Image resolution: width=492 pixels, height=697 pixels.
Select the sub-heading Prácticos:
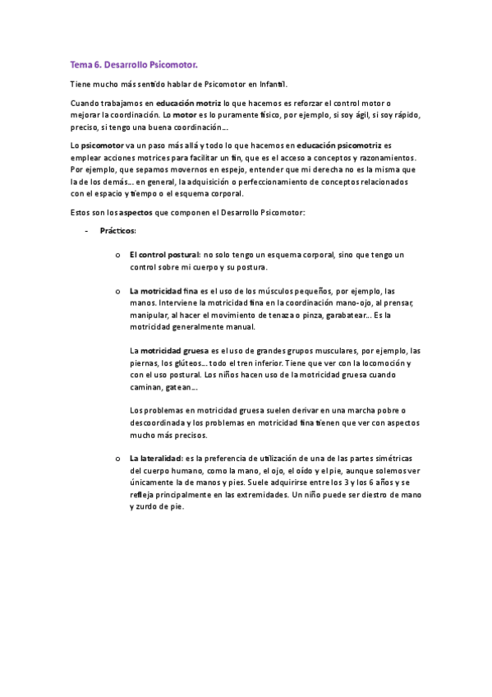click(118, 232)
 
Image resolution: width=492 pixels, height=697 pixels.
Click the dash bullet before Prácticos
click(88, 232)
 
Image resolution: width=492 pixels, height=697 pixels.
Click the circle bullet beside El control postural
click(119, 255)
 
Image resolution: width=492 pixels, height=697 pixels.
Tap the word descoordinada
click(160, 422)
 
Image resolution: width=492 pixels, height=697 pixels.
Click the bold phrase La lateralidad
click(156, 459)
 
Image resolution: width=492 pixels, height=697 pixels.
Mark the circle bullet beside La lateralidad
click(119, 459)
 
